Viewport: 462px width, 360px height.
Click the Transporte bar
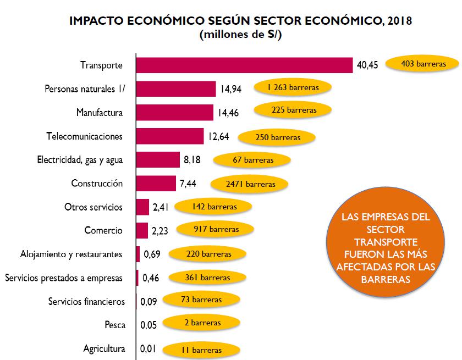coord(244,65)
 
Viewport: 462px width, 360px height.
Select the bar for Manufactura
coord(174,113)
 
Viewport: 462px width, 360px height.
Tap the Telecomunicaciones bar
coord(169,136)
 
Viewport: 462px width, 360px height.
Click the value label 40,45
coord(367,65)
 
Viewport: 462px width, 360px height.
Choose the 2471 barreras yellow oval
coord(250,184)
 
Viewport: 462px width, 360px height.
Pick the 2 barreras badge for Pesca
coord(204,324)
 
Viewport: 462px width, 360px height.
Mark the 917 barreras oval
coord(216,229)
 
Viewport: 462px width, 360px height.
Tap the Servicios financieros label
coord(86,302)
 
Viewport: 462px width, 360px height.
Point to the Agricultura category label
coord(104,348)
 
